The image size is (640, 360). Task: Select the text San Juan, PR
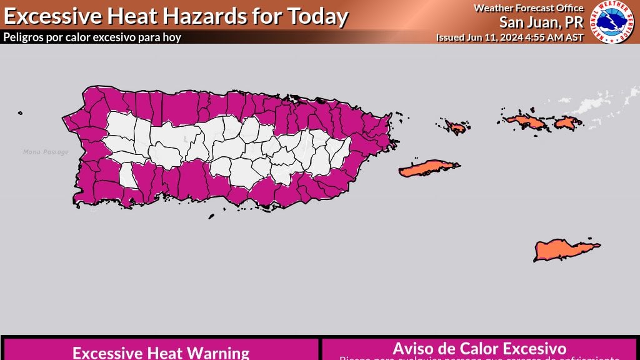tap(541, 22)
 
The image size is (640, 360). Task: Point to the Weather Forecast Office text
tap(528, 8)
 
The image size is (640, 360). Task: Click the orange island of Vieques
tap(428, 168)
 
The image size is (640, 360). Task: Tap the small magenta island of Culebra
tap(457, 127)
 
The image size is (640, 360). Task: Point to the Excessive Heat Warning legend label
tap(161, 352)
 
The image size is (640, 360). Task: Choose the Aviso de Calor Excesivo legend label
tap(479, 348)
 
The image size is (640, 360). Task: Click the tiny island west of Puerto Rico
tap(21, 113)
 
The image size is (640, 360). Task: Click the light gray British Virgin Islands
tap(600, 104)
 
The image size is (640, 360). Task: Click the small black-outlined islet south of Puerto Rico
tap(211, 216)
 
